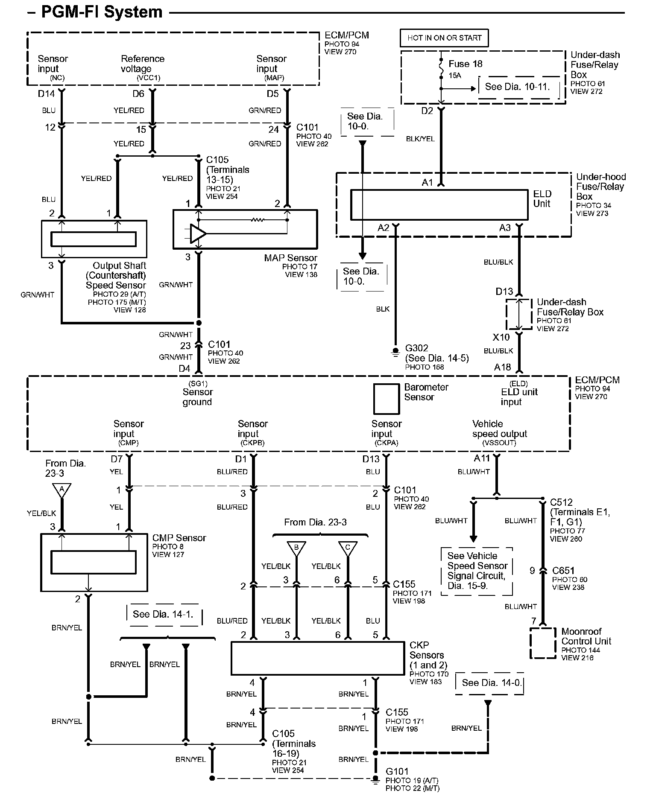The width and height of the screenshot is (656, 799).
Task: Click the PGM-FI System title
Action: [101, 12]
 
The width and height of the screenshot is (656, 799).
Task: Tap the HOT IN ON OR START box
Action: [444, 38]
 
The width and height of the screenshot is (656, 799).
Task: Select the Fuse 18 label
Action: [465, 64]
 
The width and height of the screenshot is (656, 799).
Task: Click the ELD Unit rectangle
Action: [439, 205]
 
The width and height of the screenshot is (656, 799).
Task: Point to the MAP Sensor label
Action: [290, 258]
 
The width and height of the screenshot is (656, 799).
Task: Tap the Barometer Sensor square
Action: [386, 399]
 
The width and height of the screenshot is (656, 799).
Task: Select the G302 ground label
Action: [416, 348]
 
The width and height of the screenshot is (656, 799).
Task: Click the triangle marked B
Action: [296, 548]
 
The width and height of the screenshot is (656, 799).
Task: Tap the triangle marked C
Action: [348, 548]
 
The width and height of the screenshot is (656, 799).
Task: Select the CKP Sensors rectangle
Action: [317, 658]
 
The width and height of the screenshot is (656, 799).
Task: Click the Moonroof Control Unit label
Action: [586, 636]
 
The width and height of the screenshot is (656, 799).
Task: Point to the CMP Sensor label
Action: [179, 538]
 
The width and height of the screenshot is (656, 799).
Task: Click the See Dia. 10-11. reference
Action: [517, 87]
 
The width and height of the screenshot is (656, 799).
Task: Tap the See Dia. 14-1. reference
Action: [163, 614]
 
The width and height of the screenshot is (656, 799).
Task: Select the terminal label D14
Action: [46, 94]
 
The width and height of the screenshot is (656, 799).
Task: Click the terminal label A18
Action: [502, 367]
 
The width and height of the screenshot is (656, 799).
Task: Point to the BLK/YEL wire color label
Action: [420, 139]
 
